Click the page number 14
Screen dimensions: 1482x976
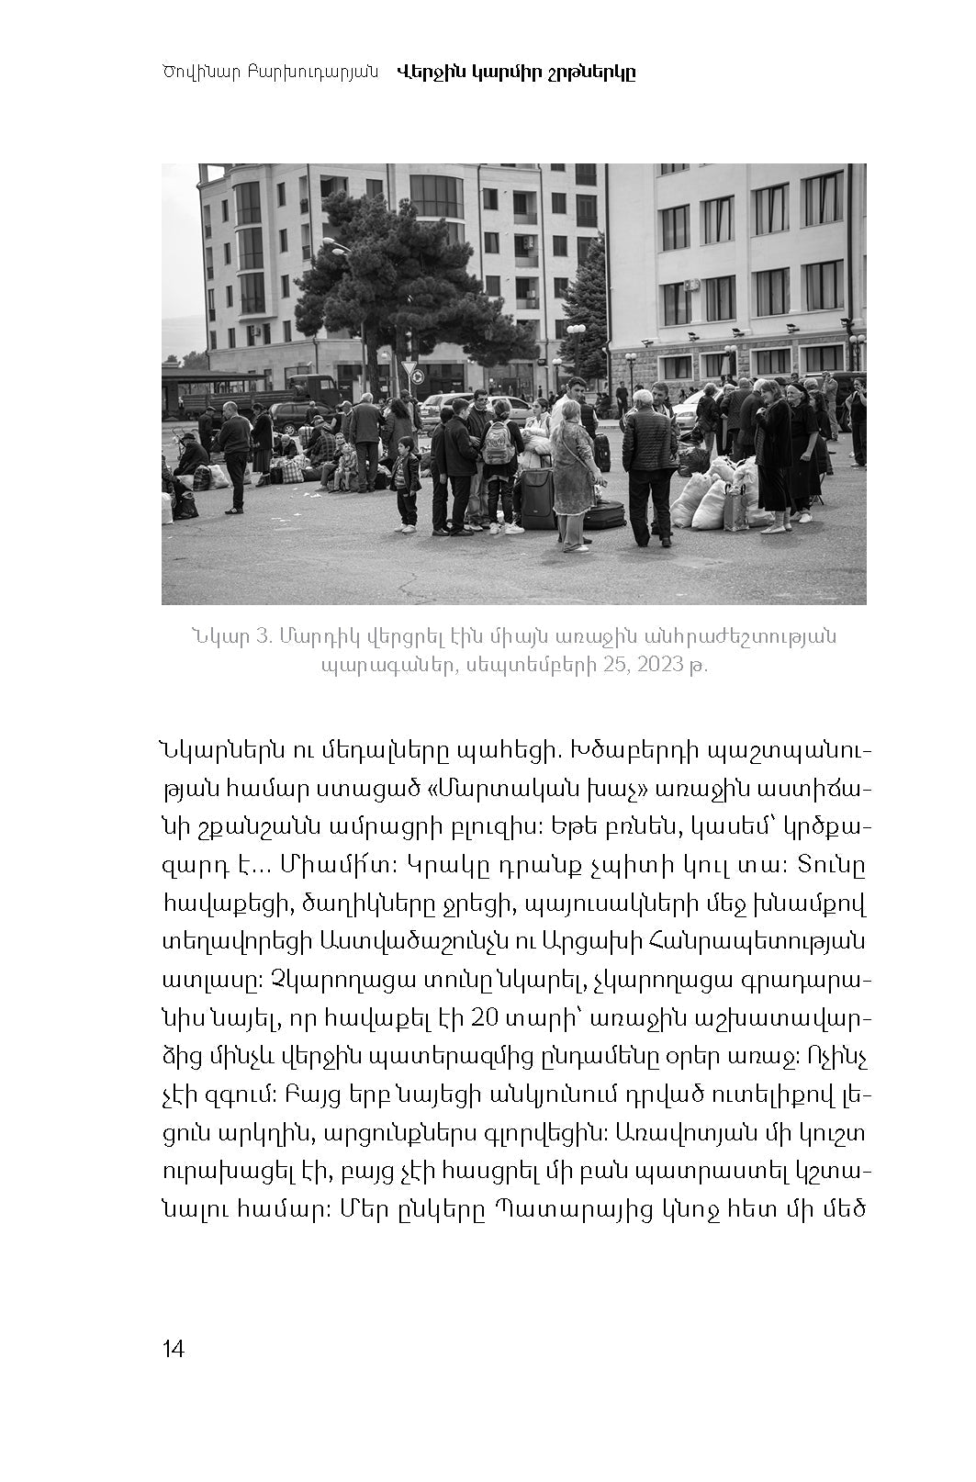click(x=174, y=1349)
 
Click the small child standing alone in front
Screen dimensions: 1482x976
click(x=404, y=481)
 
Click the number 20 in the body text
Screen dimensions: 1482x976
click(x=483, y=1018)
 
